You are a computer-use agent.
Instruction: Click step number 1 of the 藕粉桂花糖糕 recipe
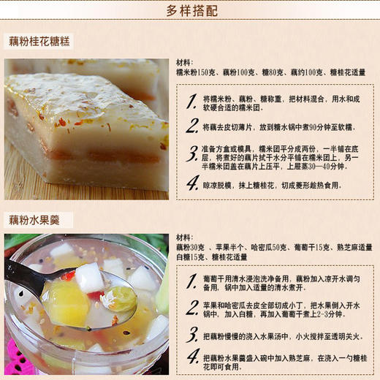click(191, 101)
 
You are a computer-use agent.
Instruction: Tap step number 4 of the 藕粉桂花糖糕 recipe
click(191, 186)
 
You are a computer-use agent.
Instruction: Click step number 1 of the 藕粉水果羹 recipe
click(191, 283)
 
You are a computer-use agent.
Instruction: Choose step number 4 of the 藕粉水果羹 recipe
click(191, 358)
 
